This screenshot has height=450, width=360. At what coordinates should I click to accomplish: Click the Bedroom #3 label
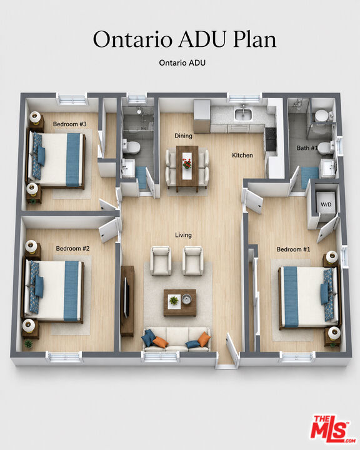click(x=70, y=124)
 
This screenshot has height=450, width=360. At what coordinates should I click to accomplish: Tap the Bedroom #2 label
click(x=72, y=249)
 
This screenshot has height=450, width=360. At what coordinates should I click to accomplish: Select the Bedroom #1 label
click(x=293, y=249)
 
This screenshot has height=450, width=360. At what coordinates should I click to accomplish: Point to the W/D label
click(x=326, y=204)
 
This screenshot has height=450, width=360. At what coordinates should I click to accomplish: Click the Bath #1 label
click(x=307, y=148)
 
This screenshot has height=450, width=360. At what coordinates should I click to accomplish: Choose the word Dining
click(x=184, y=136)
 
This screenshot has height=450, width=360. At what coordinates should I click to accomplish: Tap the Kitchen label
click(x=242, y=155)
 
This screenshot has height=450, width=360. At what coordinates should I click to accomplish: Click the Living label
click(x=184, y=236)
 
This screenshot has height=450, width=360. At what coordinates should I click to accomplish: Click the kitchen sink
click(x=243, y=115)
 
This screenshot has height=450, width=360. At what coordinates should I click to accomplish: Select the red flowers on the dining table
click(x=187, y=164)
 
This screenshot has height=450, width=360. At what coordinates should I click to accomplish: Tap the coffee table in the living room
click(x=180, y=302)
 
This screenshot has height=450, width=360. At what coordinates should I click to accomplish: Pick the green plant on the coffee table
click(x=173, y=301)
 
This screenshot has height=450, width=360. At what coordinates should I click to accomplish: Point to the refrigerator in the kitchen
click(x=202, y=116)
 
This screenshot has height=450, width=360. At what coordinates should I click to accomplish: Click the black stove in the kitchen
click(x=270, y=139)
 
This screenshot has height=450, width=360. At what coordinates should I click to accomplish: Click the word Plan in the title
click(x=254, y=39)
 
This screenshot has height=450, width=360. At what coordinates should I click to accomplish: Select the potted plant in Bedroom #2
click(x=28, y=343)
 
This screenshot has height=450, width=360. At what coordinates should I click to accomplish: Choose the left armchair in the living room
click(x=161, y=260)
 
